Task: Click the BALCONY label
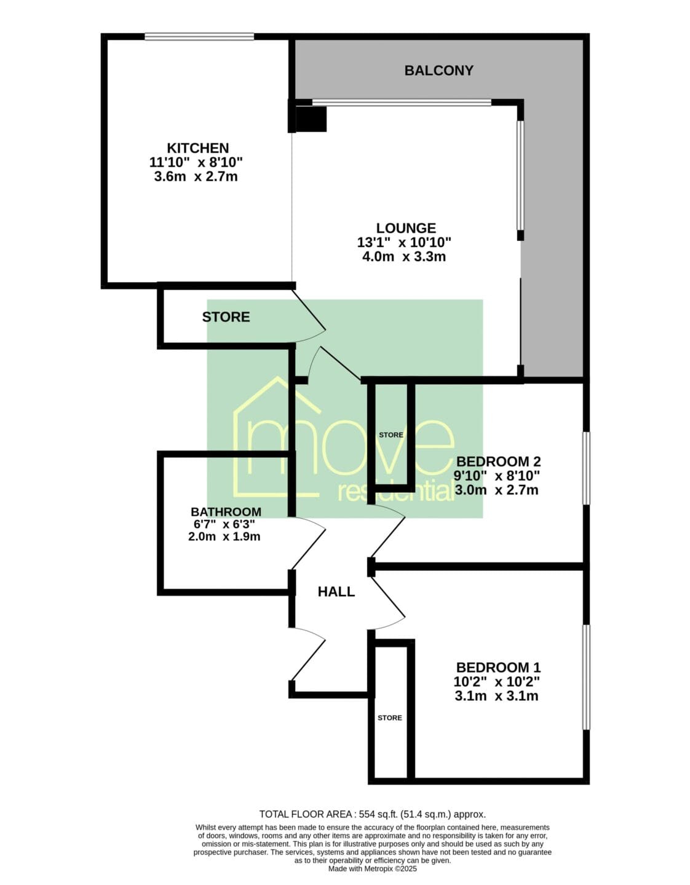(438, 71)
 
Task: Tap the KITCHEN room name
(198, 147)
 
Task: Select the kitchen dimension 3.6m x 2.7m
(196, 177)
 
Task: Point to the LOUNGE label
(406, 227)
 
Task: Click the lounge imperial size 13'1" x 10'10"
(404, 243)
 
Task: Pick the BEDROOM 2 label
(499, 462)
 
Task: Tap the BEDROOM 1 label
(499, 667)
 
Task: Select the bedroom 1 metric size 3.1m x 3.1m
(496, 696)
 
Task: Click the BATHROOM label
(226, 511)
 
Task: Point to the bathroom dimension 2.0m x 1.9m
(224, 537)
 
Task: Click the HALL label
(336, 592)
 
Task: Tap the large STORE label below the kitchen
(226, 317)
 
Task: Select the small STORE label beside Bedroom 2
(391, 435)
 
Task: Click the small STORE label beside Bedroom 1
(390, 718)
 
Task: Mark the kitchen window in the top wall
(199, 37)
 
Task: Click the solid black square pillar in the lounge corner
(311, 119)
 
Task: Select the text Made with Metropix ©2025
(373, 868)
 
